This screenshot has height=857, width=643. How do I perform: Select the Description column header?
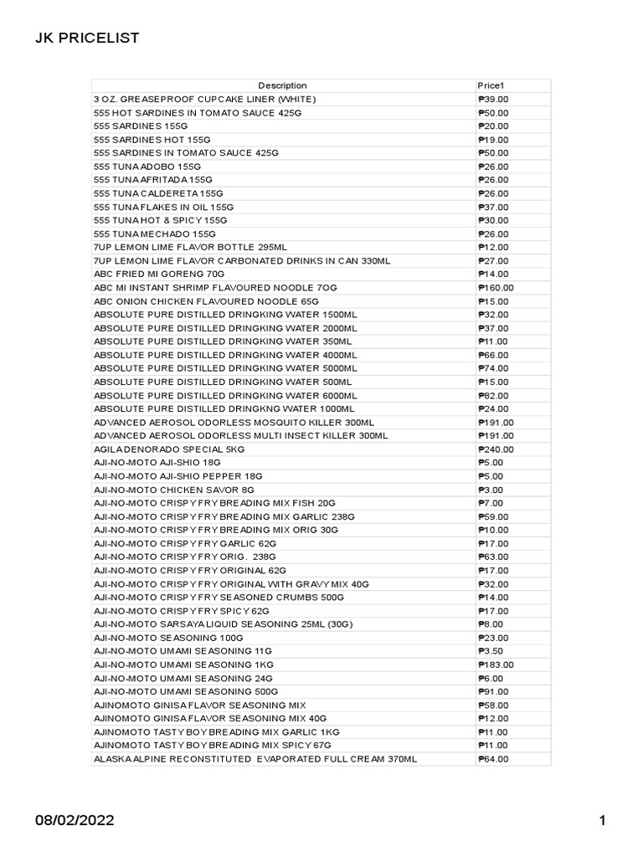(x=282, y=85)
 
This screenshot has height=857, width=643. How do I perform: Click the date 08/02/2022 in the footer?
(x=74, y=821)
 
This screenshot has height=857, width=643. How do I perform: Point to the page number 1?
(x=601, y=821)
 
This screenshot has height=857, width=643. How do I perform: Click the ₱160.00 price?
(x=496, y=287)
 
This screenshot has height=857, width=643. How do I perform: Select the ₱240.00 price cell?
(x=496, y=449)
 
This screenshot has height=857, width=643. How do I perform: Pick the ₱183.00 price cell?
(x=496, y=665)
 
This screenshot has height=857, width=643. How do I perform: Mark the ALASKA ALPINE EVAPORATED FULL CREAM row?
(x=255, y=759)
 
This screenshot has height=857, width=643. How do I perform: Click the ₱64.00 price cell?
(x=493, y=759)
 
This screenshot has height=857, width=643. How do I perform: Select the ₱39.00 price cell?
(x=493, y=99)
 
